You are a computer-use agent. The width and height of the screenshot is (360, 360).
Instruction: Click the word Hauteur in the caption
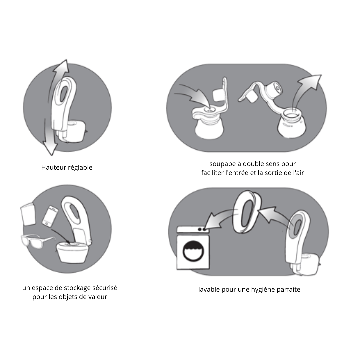(53, 167)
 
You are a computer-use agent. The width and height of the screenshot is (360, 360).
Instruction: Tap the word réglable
(79, 168)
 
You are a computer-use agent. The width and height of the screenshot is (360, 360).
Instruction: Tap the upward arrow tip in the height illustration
(66, 60)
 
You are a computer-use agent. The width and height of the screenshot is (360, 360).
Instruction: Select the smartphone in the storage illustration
(50, 217)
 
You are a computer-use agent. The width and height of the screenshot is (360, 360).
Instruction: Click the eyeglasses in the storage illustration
(37, 241)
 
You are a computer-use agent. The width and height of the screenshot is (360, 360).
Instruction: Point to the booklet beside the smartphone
(28, 214)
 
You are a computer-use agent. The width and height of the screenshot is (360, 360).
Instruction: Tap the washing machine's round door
(193, 251)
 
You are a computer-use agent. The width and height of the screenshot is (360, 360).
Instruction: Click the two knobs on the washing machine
(201, 229)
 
